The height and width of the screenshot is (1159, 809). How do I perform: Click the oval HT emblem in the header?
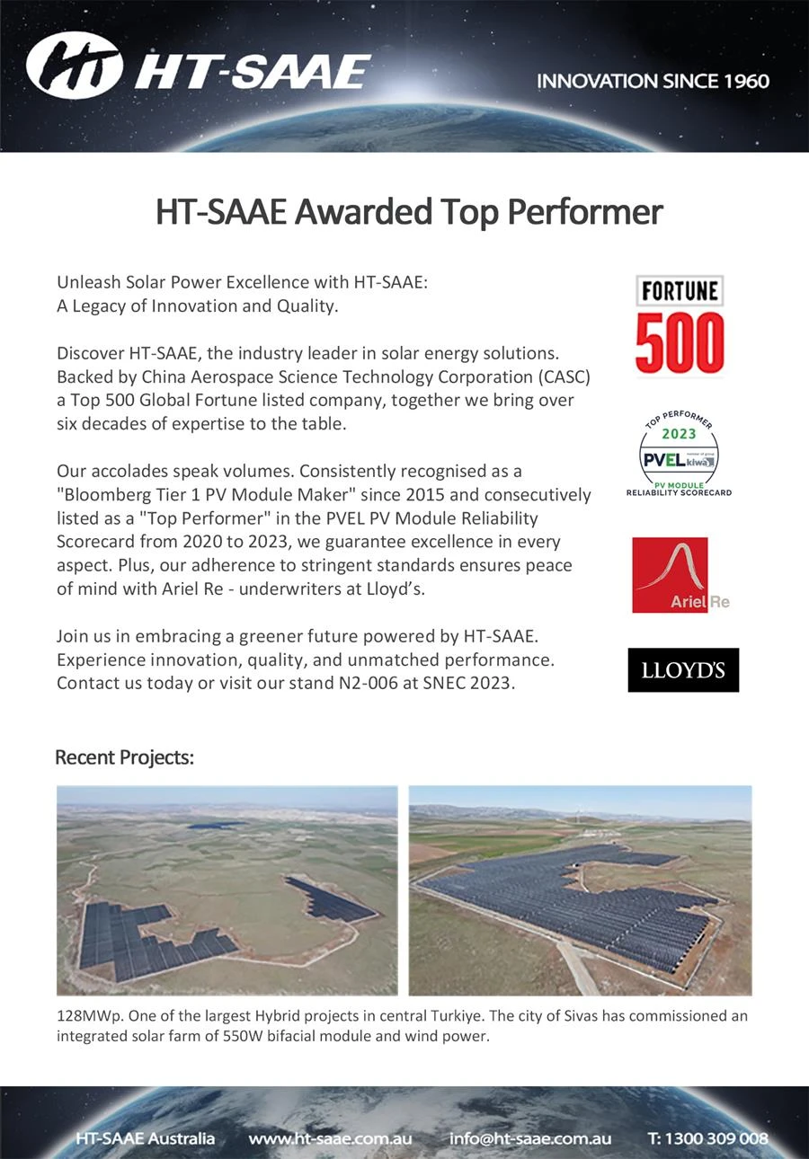click(x=74, y=65)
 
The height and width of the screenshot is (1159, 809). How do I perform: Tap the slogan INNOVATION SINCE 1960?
click(x=653, y=81)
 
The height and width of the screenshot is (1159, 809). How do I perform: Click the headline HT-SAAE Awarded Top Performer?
click(x=409, y=212)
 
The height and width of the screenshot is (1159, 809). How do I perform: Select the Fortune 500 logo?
click(x=680, y=325)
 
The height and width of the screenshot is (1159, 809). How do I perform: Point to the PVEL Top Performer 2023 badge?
click(x=679, y=455)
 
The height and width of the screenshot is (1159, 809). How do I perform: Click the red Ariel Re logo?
click(x=671, y=575)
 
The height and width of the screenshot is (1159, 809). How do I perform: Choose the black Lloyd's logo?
click(x=683, y=670)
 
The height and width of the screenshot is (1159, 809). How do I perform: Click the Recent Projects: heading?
click(x=124, y=757)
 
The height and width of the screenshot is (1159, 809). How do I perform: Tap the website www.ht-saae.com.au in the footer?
click(x=330, y=1138)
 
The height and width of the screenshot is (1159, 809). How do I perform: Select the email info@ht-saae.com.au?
click(x=529, y=1138)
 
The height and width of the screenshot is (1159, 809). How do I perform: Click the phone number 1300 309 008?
click(x=718, y=1138)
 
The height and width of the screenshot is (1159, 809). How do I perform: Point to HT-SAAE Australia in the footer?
click(x=145, y=1138)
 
